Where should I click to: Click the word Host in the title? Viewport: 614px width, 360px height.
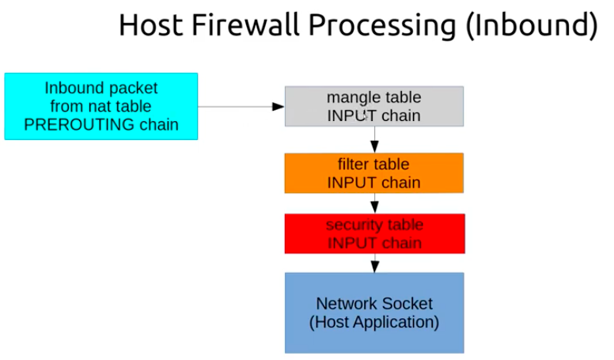tap(151, 25)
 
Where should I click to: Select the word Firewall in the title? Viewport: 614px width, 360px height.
tap(246, 25)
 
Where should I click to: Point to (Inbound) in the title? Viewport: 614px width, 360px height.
tap(532, 27)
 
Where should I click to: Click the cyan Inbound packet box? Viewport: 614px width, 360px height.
tap(101, 106)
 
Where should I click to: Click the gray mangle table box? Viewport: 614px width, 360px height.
tap(374, 106)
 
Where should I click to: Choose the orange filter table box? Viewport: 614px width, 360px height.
tap(374, 173)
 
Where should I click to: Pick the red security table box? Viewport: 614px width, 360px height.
tap(375, 233)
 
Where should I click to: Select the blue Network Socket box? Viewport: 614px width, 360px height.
tap(374, 313)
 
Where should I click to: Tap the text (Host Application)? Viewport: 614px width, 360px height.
tap(374, 322)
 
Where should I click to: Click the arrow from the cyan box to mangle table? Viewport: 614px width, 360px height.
tap(241, 107)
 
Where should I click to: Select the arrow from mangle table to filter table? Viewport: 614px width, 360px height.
tap(374, 140)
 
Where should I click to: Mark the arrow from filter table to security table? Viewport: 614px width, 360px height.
tap(374, 203)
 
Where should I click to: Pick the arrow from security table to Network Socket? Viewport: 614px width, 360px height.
tap(375, 263)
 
